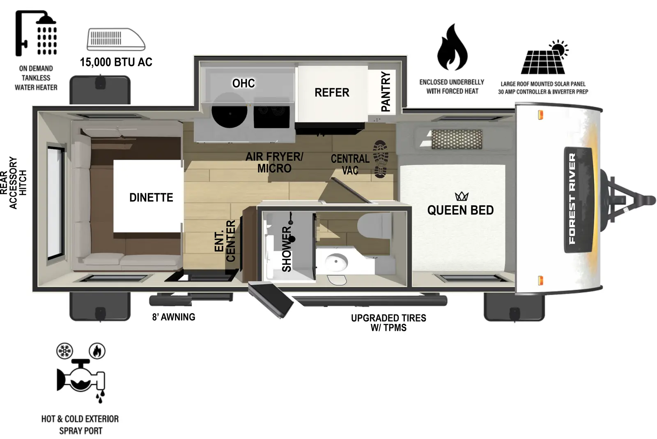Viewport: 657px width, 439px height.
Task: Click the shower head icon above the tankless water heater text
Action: click(x=36, y=33)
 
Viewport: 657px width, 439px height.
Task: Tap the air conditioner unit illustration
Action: click(x=116, y=39)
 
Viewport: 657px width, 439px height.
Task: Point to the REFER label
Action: click(x=332, y=92)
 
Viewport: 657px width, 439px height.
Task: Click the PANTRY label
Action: click(x=386, y=91)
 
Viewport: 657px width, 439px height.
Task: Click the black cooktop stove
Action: click(x=271, y=111)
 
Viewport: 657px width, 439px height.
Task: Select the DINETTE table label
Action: click(x=151, y=197)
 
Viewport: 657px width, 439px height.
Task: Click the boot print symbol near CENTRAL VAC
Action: click(x=381, y=159)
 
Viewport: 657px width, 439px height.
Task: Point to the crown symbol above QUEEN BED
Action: click(x=462, y=196)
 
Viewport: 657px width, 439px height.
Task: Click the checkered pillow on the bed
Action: click(x=456, y=139)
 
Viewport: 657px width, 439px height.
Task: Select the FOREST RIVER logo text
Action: click(x=572, y=199)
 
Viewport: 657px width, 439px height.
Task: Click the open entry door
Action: click(x=271, y=299)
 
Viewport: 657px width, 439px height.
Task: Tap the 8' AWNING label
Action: click(x=174, y=317)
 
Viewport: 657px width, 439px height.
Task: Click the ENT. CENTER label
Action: click(x=225, y=241)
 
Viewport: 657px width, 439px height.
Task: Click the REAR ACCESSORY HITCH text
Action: click(x=13, y=183)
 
